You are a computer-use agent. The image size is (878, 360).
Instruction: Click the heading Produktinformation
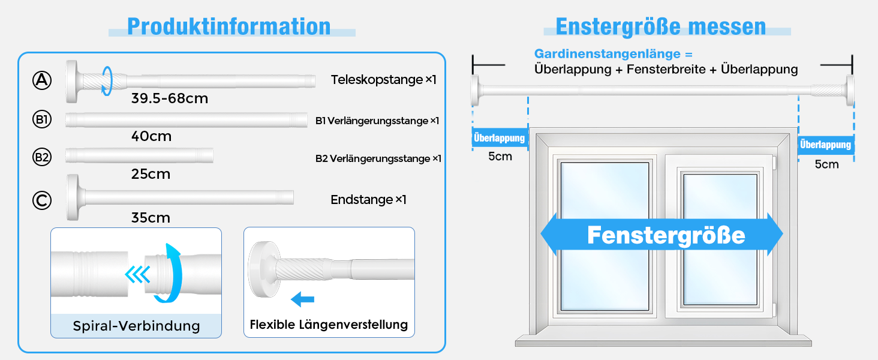(x=228, y=26)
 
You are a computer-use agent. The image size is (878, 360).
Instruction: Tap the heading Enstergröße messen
(x=660, y=26)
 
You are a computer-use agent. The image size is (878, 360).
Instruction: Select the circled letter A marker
(x=42, y=80)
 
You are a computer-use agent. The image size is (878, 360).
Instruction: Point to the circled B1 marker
(x=42, y=120)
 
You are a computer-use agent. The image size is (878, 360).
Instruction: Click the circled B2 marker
(x=42, y=158)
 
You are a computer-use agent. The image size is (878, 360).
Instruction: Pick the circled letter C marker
(x=42, y=200)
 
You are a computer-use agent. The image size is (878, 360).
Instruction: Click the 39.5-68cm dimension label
(x=170, y=98)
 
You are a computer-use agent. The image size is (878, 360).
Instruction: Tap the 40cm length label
(x=151, y=137)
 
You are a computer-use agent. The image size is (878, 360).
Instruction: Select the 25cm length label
(x=151, y=175)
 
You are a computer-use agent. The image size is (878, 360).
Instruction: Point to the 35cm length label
(x=151, y=218)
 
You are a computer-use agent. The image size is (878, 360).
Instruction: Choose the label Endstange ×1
(x=368, y=200)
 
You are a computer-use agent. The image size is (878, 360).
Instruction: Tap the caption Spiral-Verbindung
(x=136, y=326)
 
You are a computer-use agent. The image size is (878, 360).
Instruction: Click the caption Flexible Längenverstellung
(x=329, y=325)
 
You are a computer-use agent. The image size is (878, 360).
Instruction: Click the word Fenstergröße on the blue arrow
(x=666, y=235)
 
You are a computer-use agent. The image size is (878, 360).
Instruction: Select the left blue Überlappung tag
(x=499, y=139)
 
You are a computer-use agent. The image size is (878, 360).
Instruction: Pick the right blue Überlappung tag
(x=825, y=145)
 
